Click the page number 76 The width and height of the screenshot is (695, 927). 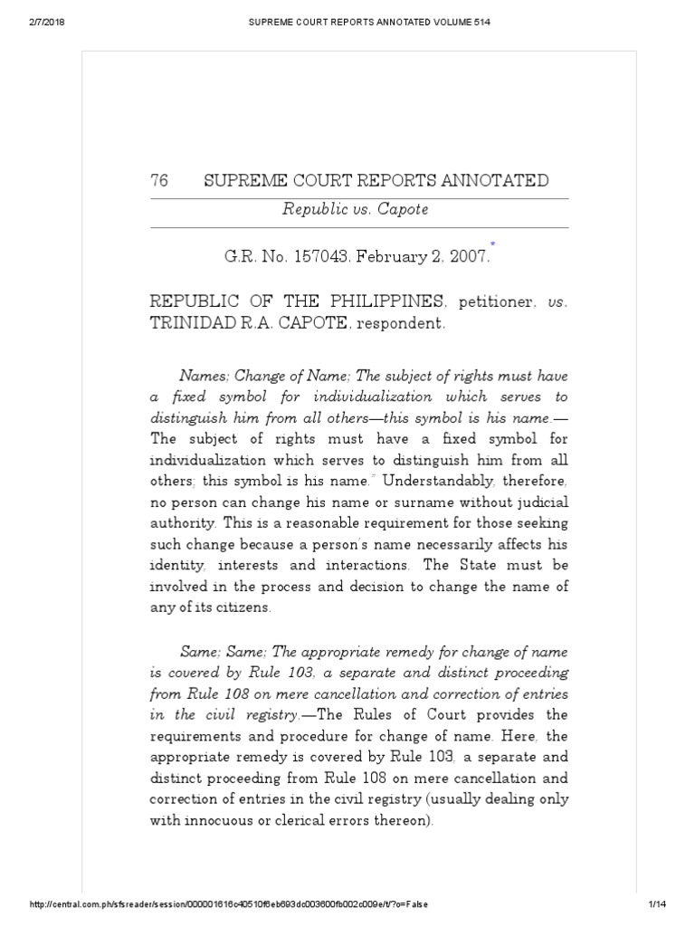coord(159,181)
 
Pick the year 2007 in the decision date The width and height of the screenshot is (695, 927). coord(469,257)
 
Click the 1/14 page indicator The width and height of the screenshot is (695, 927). coord(657,905)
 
